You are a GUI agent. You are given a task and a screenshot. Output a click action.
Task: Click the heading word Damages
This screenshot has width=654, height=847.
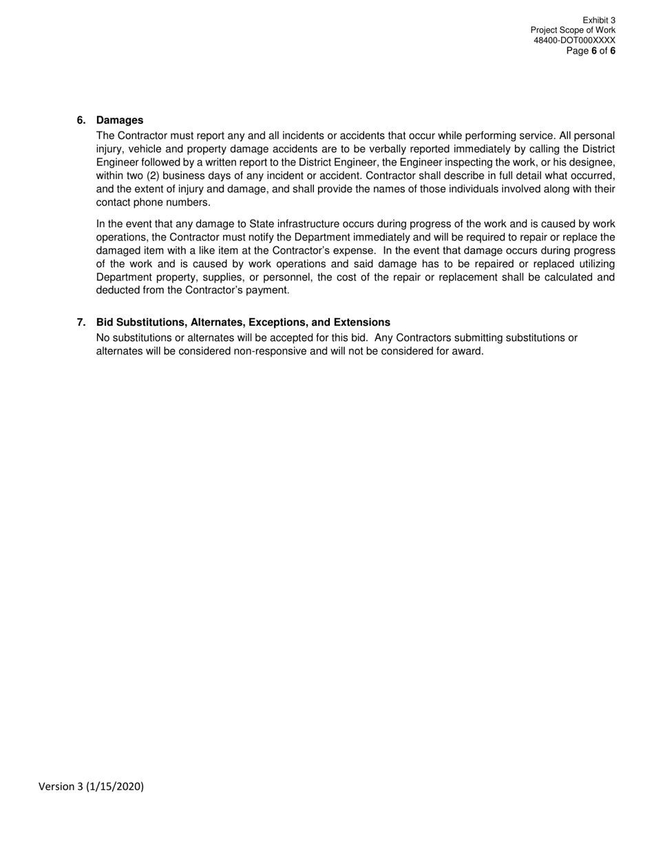pos(120,121)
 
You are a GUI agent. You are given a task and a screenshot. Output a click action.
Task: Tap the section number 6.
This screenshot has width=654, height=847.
pos(81,121)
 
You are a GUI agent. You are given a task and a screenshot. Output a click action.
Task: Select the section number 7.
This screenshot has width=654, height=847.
pos(81,322)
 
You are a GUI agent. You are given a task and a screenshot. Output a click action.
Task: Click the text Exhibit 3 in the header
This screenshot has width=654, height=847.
pos(598,21)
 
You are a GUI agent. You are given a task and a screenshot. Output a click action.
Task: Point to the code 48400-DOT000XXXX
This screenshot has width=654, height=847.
pos(574,41)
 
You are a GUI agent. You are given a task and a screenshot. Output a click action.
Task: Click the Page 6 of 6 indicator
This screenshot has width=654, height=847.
pos(591,51)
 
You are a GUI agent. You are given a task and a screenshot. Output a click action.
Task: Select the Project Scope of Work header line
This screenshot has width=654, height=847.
pos(573,30)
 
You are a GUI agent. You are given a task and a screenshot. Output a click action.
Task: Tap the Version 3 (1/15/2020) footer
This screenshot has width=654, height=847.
pos(91,786)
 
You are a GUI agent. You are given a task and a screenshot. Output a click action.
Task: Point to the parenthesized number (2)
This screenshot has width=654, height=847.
pos(153,176)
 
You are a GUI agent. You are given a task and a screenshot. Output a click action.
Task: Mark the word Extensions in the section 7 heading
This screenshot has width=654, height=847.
pos(362,322)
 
